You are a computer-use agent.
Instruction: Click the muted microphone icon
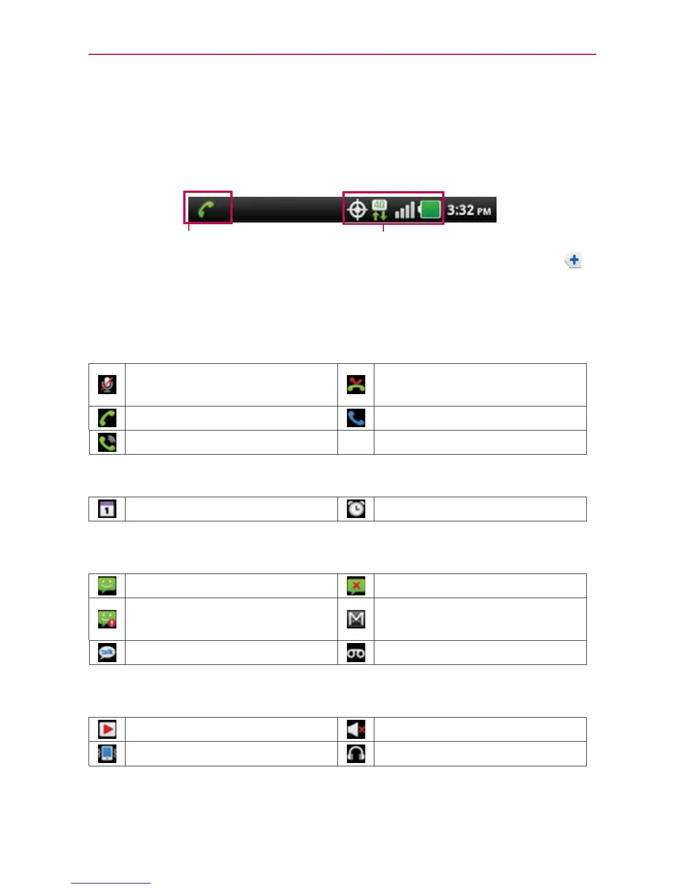coord(107,385)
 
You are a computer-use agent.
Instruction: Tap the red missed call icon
coord(356,385)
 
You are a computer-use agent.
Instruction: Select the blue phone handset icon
coord(356,418)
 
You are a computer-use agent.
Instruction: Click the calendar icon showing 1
coord(107,509)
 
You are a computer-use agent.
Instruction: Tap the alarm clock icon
coord(356,509)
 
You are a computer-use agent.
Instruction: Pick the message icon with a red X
coord(356,586)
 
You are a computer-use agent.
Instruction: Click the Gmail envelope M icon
coord(356,619)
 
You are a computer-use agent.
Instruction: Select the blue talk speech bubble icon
coord(107,653)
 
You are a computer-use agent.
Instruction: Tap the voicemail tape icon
coord(356,653)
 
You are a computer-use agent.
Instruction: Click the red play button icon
coord(107,729)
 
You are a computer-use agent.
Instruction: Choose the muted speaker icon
coord(356,729)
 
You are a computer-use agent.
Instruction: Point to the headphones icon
coord(356,753)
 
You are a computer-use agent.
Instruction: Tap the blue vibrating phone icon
coord(107,753)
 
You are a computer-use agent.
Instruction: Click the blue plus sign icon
coord(573,260)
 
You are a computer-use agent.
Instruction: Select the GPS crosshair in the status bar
coord(357,210)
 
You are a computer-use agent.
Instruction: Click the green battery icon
coord(430,210)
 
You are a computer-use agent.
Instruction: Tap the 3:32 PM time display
coord(469,210)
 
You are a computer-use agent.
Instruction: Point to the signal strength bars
coord(405,210)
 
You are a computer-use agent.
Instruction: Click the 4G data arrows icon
coord(379,210)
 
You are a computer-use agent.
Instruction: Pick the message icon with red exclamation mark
coord(107,619)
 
